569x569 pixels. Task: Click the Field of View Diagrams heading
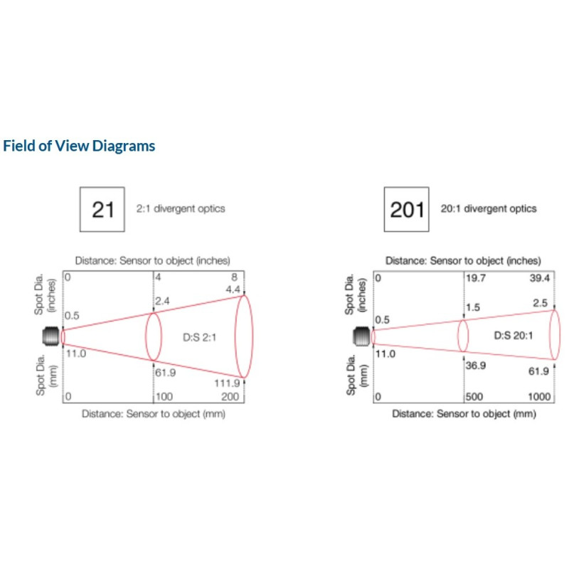pyautogui.click(x=79, y=147)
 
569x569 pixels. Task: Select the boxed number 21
pyautogui.click(x=103, y=210)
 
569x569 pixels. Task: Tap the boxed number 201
pyautogui.click(x=407, y=210)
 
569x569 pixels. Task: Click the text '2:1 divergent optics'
pyautogui.click(x=181, y=209)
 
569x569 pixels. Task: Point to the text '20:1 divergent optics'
pyautogui.click(x=489, y=209)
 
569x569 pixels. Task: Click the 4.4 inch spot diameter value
pyautogui.click(x=234, y=289)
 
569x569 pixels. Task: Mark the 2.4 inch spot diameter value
pyautogui.click(x=162, y=302)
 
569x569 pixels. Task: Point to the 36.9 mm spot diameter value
pyautogui.click(x=475, y=366)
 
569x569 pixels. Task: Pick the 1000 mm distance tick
pyautogui.click(x=540, y=397)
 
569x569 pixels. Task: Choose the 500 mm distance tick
pyautogui.click(x=475, y=397)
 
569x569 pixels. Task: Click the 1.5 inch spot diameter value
pyautogui.click(x=473, y=307)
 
